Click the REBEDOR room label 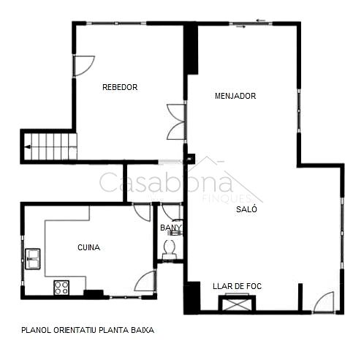click(120, 87)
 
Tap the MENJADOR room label click(235, 96)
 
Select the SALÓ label click(246, 209)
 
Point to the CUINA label click(88, 247)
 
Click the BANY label click(171, 228)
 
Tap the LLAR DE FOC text click(237, 286)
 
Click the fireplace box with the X click(237, 303)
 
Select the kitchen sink click(33, 259)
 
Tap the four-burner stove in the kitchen click(61, 288)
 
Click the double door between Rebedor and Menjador click(176, 122)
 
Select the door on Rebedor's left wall click(83, 66)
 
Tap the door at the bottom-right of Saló click(324, 302)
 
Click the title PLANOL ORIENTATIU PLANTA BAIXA click(88, 330)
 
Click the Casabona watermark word click(166, 181)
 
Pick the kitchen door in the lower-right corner click(145, 281)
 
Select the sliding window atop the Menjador click(251, 23)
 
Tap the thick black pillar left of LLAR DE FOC click(192, 298)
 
